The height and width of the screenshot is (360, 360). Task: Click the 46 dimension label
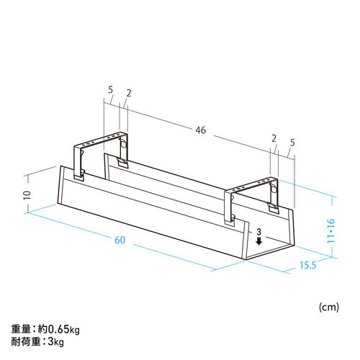[200, 130]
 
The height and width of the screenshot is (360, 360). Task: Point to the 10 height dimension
[27, 194]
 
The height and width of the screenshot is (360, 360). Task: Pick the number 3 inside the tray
[258, 233]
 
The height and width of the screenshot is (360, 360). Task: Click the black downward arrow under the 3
[258, 242]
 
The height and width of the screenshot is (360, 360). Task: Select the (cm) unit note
[328, 307]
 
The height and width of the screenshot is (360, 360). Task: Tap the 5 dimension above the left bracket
[110, 90]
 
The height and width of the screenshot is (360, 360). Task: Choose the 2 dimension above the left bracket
[127, 92]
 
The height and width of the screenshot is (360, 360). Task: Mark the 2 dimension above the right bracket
[274, 138]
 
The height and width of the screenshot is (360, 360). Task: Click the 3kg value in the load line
[56, 343]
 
